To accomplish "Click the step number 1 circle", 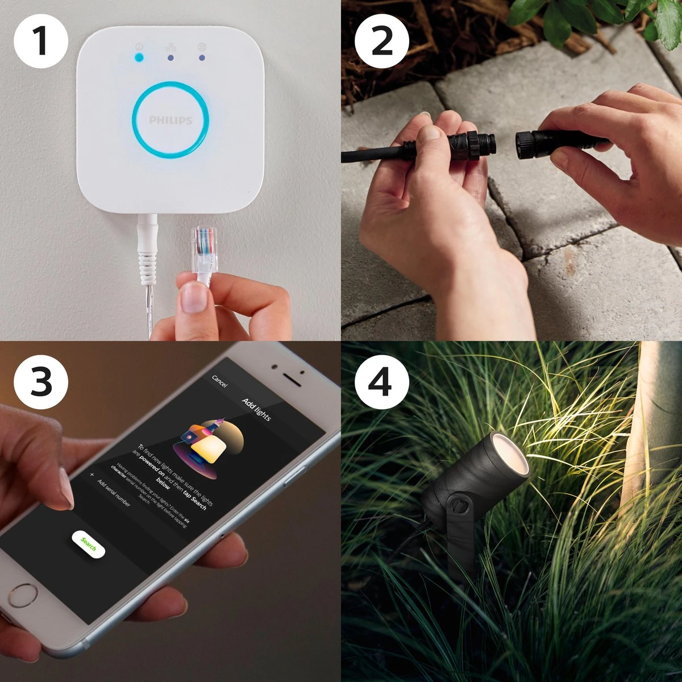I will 40,40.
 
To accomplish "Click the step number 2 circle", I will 381,40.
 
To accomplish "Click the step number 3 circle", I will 40,381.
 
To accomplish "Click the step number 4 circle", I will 381,381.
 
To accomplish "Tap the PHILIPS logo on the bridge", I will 170,120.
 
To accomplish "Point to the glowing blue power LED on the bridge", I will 138,57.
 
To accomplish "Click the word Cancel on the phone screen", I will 219,381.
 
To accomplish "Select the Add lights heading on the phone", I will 256,409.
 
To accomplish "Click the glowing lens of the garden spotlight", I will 510,454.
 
